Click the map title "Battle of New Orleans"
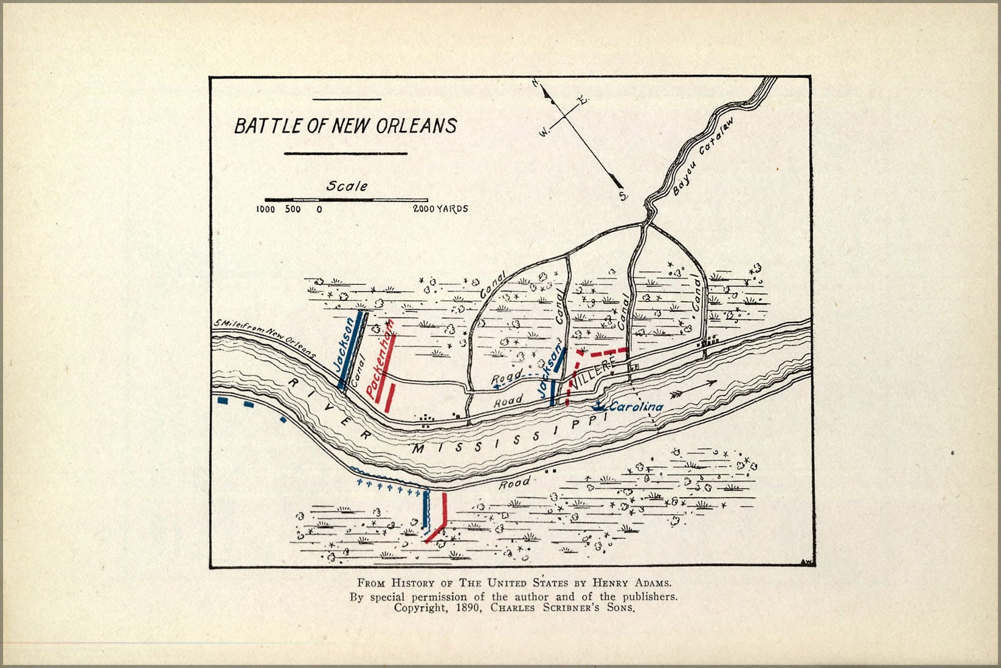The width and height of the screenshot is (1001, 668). coord(345,126)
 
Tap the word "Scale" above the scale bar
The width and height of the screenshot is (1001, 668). coord(347,186)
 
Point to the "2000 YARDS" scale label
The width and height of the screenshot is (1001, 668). coord(441,209)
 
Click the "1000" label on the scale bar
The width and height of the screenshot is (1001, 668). coord(265,209)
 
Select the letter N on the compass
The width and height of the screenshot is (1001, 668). coord(537,85)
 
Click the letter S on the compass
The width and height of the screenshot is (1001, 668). coord(622,196)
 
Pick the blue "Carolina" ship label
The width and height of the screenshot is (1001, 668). coord(636,407)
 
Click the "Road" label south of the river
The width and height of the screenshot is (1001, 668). coord(514,484)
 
